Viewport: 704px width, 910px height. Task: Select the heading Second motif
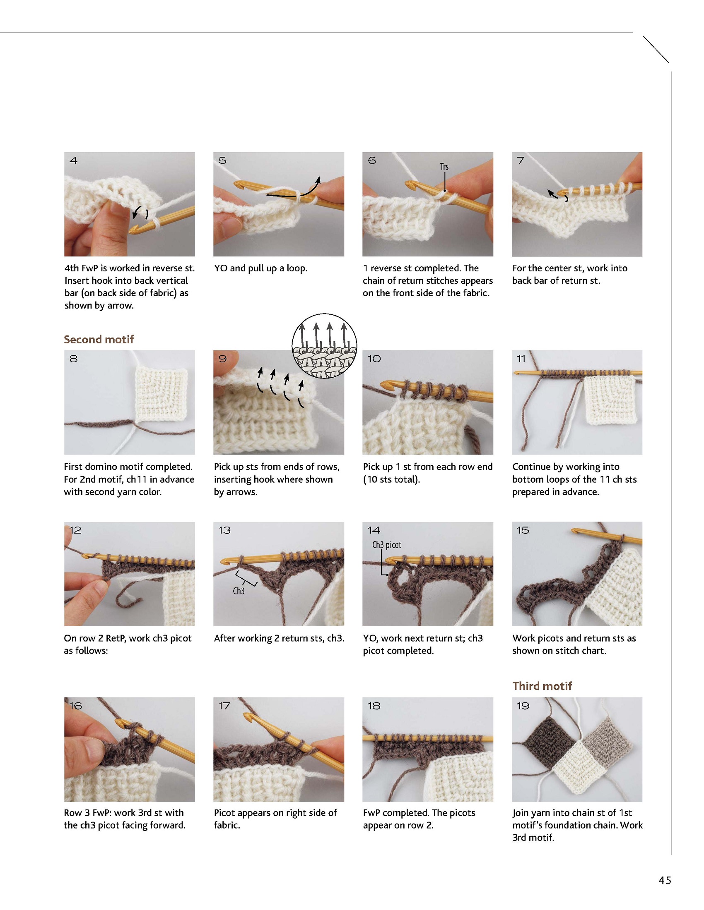[99, 339]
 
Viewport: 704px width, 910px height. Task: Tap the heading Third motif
[542, 686]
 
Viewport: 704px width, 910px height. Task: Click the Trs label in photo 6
[444, 167]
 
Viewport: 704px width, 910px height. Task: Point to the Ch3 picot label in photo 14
[387, 545]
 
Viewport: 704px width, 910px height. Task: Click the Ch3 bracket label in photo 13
[239, 591]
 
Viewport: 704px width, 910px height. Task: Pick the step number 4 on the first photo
[74, 160]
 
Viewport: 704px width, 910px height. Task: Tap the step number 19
[523, 706]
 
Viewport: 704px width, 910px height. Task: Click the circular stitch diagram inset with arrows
[325, 346]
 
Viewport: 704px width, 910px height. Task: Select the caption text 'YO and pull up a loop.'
[260, 268]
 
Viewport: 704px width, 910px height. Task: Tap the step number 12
[75, 530]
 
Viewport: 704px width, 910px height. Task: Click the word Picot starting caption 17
[224, 812]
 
